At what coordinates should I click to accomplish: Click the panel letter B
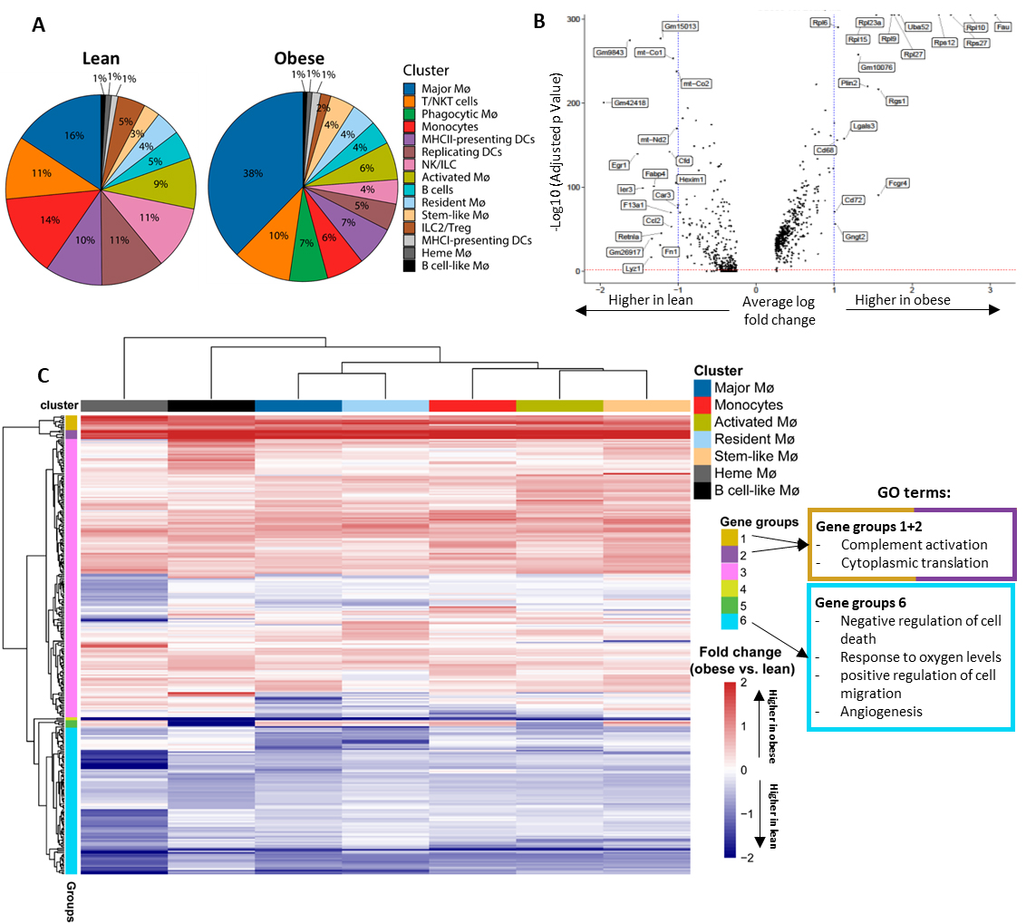(538, 20)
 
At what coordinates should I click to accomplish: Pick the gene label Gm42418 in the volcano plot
(629, 102)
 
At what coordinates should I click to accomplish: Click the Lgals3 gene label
(863, 126)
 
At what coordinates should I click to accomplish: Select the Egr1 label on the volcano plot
(620, 165)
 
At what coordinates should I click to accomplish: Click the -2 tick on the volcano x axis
(600, 288)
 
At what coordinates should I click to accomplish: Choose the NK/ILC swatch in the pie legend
(410, 164)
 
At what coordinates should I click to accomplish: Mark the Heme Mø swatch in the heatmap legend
(702, 473)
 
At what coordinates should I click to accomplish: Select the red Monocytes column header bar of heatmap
(472, 405)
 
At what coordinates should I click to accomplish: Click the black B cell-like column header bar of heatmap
(211, 405)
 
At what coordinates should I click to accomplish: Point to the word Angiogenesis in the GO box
(881, 712)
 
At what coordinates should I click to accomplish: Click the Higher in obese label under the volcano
(903, 300)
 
